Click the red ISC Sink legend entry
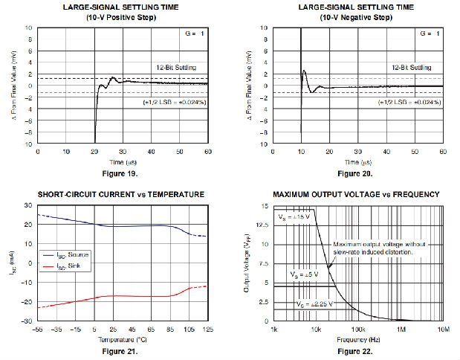point(71,265)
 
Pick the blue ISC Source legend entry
point(74,254)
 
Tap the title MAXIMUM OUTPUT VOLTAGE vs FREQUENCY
point(357,194)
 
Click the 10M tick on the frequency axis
point(443,329)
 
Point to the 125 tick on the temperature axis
point(207,329)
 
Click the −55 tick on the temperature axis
point(37,329)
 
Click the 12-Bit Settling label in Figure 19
point(176,67)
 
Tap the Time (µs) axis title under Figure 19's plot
point(123,162)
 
